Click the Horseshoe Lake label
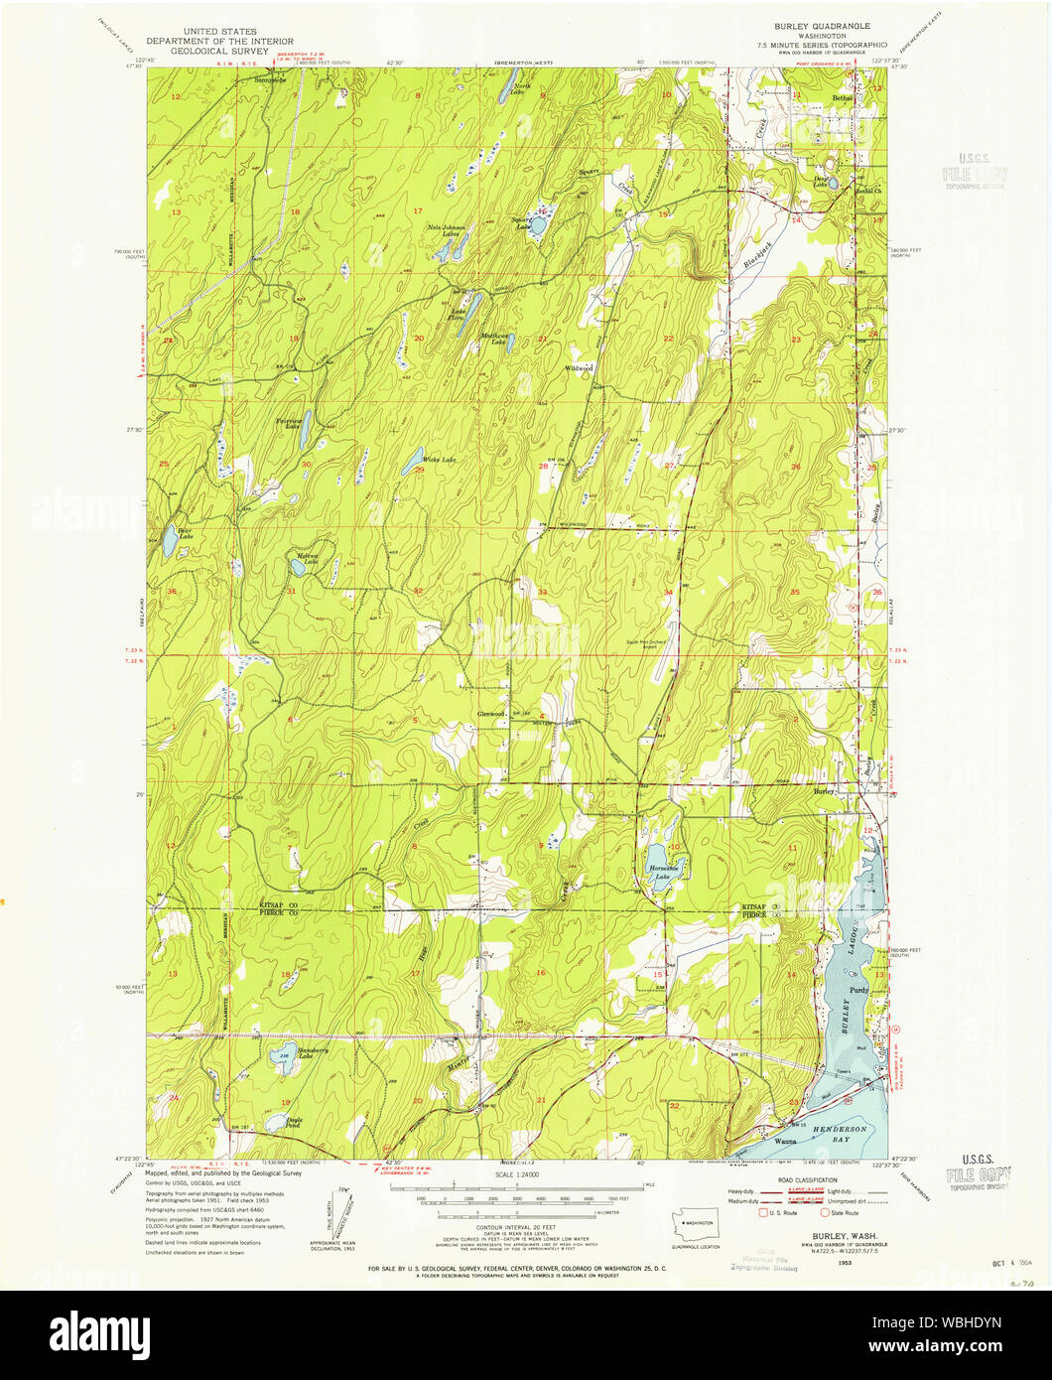662,872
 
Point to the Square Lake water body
537,226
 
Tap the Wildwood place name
579,368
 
